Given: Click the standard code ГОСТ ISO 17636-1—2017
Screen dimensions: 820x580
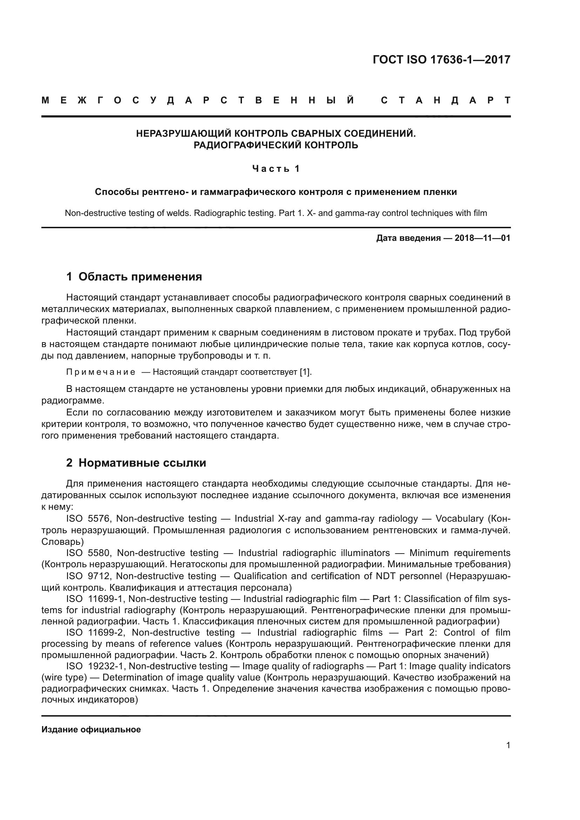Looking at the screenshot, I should (x=441, y=59).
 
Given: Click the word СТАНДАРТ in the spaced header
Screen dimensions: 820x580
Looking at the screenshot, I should (x=446, y=100).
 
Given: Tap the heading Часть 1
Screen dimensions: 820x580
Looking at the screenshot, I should (x=276, y=169).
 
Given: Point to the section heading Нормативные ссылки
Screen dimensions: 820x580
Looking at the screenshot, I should (x=142, y=463).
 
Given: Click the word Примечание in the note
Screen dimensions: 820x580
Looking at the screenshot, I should (x=101, y=372).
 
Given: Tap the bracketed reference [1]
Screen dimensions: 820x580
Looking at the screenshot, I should (x=305, y=372).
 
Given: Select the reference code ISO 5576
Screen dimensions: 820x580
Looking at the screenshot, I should (x=89, y=519).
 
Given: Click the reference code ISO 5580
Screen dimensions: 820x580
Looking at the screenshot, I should (x=90, y=553).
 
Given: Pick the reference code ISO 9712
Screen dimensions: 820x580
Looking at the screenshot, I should (x=89, y=576).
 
